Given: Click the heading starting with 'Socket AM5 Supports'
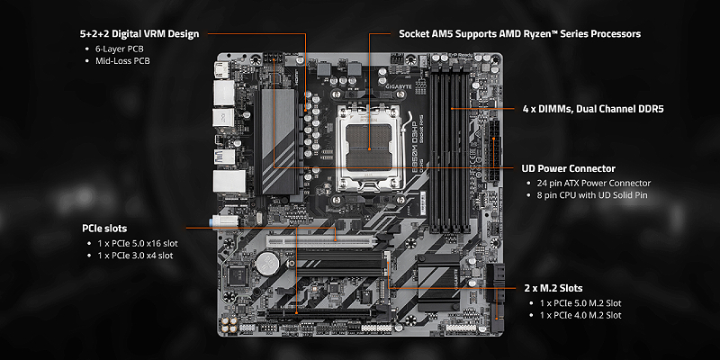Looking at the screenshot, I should click(x=519, y=33).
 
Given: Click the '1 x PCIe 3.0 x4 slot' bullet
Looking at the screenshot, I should click(x=135, y=256).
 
